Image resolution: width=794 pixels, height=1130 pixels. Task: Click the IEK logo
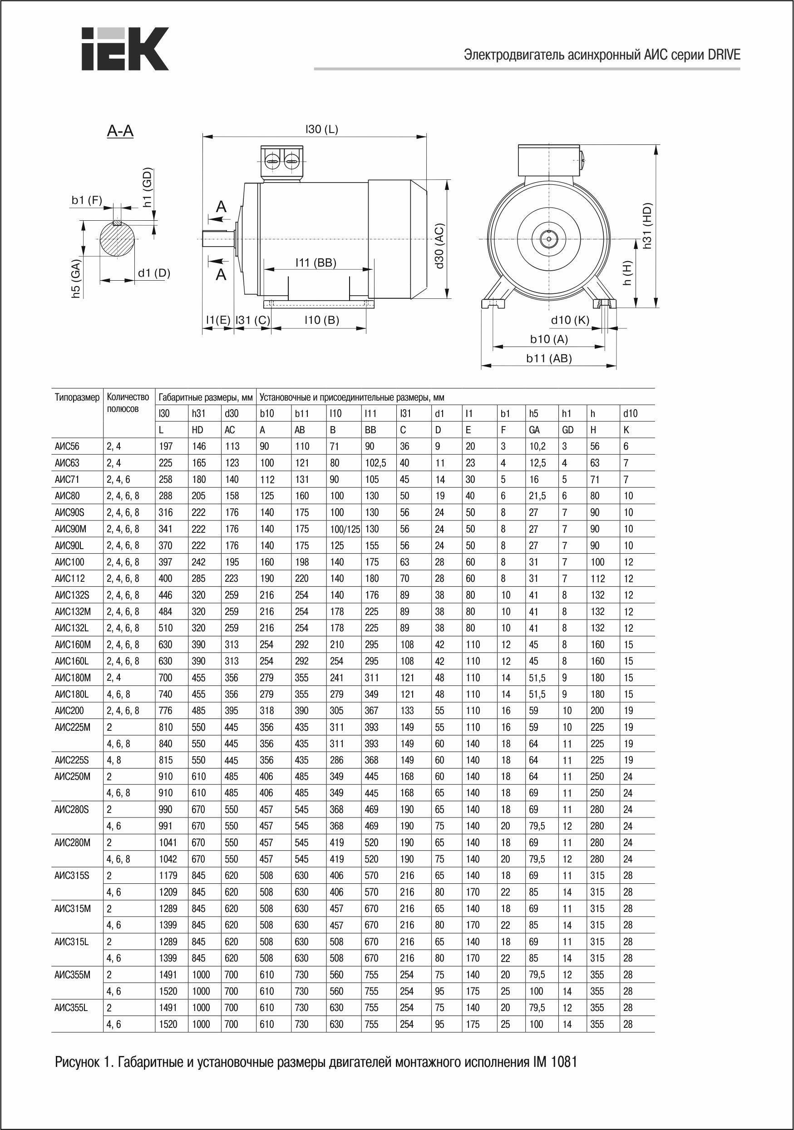pyautogui.click(x=125, y=48)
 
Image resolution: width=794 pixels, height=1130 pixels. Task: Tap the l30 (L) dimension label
pyautogui.click(x=322, y=129)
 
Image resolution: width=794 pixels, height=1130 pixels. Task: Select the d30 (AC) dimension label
pyautogui.click(x=439, y=246)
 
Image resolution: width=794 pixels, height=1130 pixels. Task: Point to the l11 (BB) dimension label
pyautogui.click(x=316, y=263)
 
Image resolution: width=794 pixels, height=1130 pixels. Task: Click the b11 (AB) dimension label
pyautogui.click(x=549, y=358)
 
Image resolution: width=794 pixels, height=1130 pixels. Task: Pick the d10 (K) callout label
pyautogui.click(x=570, y=320)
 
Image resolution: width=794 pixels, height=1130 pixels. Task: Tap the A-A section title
pyautogui.click(x=120, y=131)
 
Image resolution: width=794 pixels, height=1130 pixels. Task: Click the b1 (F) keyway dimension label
pyautogui.click(x=87, y=200)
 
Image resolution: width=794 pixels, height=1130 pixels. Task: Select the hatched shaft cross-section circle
pyautogui.click(x=117, y=239)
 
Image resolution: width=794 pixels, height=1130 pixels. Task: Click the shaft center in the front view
pyautogui.click(x=547, y=239)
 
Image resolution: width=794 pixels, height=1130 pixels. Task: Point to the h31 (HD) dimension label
pyautogui.click(x=647, y=225)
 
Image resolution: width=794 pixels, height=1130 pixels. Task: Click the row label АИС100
pyautogui.click(x=69, y=562)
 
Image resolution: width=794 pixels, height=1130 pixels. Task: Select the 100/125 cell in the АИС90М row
pyautogui.click(x=345, y=529)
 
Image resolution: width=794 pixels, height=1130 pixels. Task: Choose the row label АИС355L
pyautogui.click(x=71, y=1007)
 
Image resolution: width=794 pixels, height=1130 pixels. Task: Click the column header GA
pyautogui.click(x=534, y=430)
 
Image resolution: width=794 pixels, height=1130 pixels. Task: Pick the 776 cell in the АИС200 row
pyautogui.click(x=166, y=711)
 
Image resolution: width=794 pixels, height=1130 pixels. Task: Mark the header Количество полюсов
pyautogui.click(x=128, y=402)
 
